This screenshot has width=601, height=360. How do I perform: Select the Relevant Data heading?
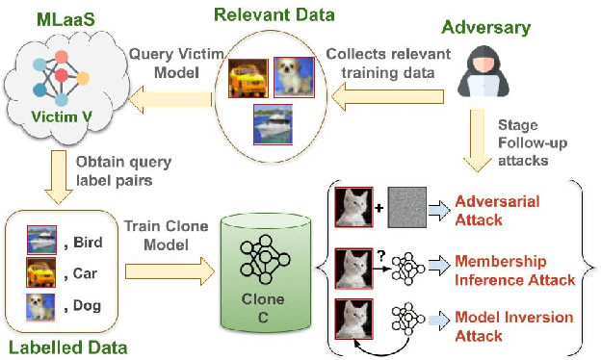[276, 14]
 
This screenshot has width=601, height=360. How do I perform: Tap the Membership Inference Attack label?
[514, 270]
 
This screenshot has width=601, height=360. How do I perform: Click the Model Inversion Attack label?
[514, 326]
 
